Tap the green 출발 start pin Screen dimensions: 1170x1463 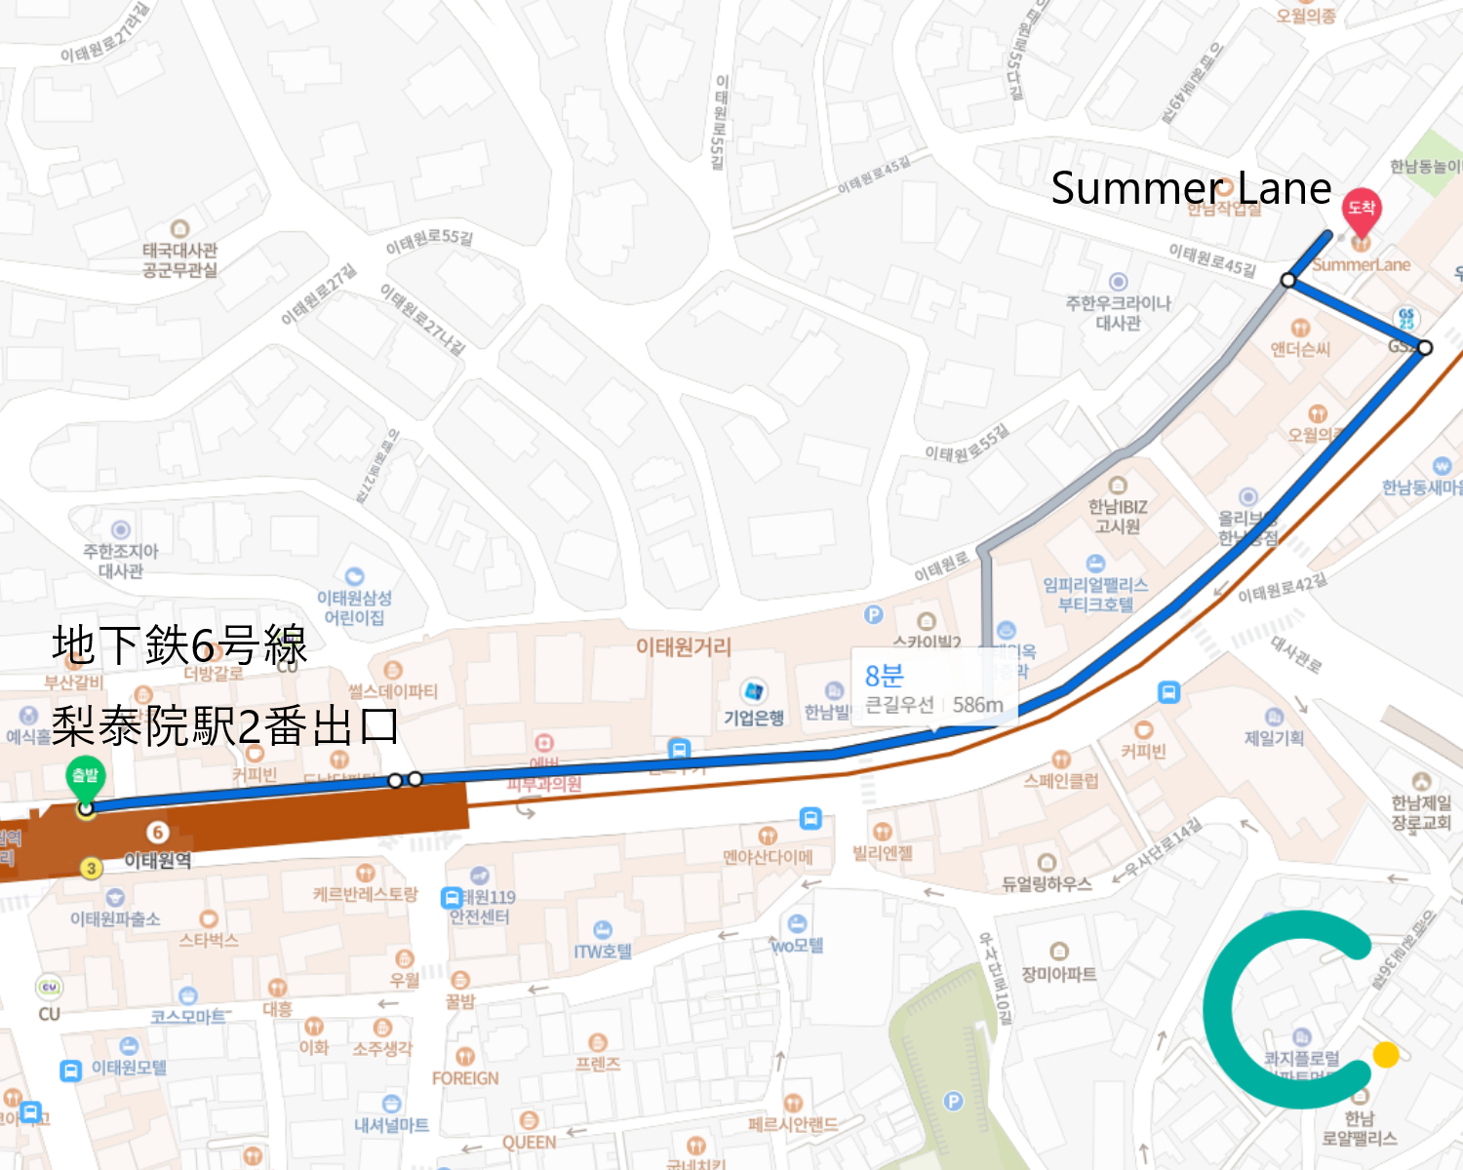tap(86, 777)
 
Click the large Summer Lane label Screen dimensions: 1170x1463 tap(1191, 188)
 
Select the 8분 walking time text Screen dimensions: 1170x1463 tap(885, 676)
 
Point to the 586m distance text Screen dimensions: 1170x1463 tap(977, 705)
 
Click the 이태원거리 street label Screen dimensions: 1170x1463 tap(683, 646)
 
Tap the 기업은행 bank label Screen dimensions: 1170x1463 tap(753, 719)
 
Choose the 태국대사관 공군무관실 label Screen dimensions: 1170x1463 tap(179, 259)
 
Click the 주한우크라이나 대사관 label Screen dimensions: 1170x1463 tap(1118, 313)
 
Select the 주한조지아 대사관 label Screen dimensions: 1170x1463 tap(121, 561)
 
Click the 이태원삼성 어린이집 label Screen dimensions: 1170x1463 tap(355, 607)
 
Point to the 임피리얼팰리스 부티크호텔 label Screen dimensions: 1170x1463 tap(1095, 594)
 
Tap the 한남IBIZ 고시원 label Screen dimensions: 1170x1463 tap(1118, 516)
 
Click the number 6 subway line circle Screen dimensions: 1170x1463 tap(157, 832)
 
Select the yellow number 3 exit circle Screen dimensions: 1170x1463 tap(91, 868)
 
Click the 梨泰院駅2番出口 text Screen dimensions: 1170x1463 tap(225, 726)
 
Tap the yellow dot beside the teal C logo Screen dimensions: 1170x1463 tap(1385, 1054)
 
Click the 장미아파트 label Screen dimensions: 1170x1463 tap(1059, 974)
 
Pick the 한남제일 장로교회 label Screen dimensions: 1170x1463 tap(1421, 812)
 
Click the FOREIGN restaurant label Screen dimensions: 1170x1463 tap(465, 1078)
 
